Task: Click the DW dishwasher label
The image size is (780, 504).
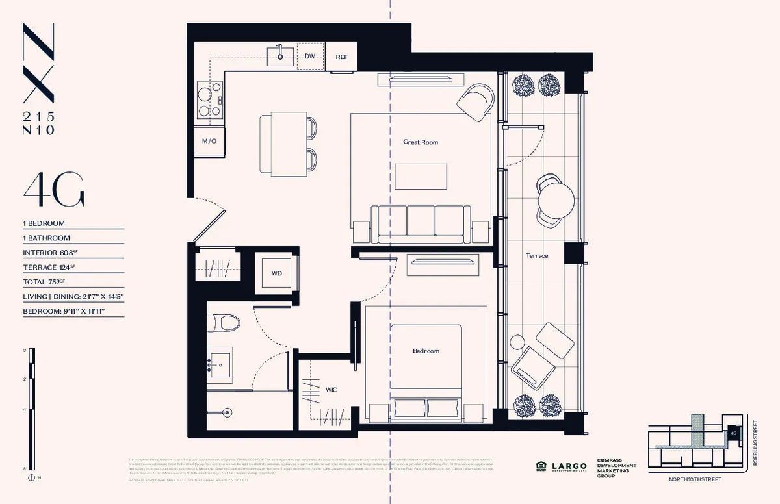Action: pyautogui.click(x=310, y=57)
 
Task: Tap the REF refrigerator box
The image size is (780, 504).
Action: pyautogui.click(x=341, y=57)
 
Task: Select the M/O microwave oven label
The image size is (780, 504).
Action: pyautogui.click(x=209, y=141)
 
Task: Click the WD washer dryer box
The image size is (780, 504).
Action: pyautogui.click(x=276, y=273)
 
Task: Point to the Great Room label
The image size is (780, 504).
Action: pyautogui.click(x=421, y=142)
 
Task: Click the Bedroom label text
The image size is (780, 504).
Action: pyautogui.click(x=426, y=351)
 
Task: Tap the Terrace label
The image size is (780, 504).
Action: pyautogui.click(x=537, y=255)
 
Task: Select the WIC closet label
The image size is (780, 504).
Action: pyautogui.click(x=331, y=390)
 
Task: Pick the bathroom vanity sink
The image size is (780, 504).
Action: pyautogui.click(x=220, y=366)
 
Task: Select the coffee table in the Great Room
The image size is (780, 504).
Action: pyautogui.click(x=421, y=176)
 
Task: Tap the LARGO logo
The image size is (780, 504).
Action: pyautogui.click(x=567, y=466)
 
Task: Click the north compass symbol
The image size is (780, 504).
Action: pyautogui.click(x=31, y=478)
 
